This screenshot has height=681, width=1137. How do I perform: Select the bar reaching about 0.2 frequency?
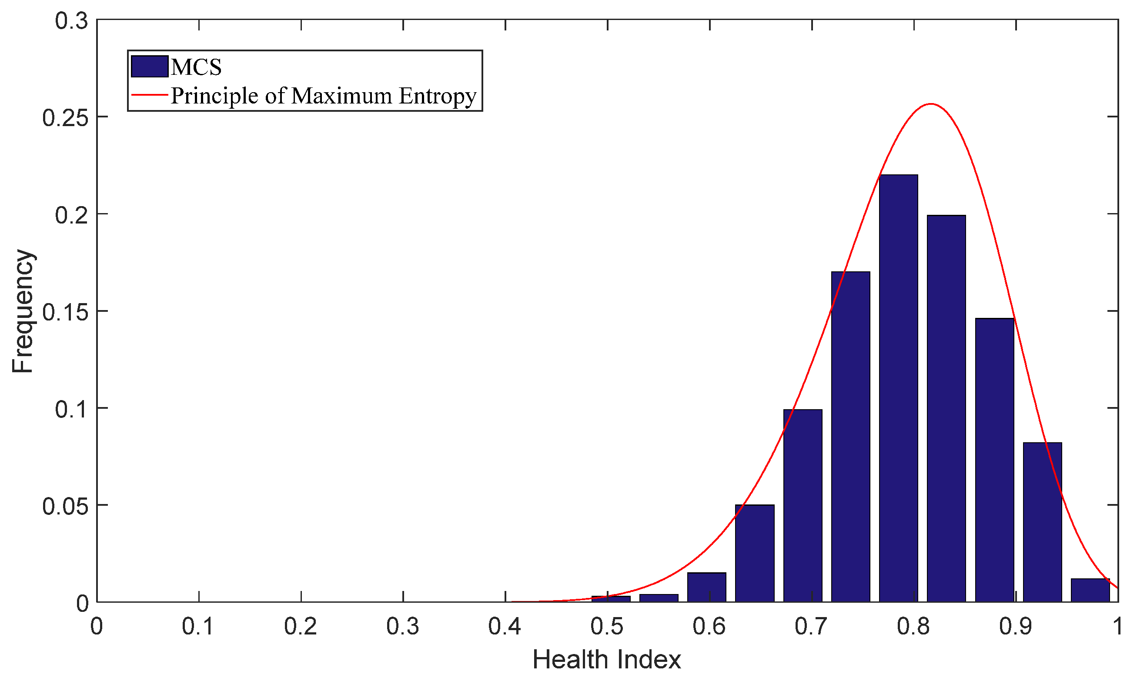(x=946, y=408)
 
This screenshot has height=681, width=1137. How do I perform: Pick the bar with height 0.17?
(x=850, y=436)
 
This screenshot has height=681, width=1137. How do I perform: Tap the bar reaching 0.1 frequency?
(x=803, y=505)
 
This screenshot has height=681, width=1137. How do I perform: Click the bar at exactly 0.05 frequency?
(x=755, y=553)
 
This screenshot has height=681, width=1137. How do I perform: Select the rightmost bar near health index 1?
(x=1090, y=591)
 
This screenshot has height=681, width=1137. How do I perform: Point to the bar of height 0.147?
(x=994, y=459)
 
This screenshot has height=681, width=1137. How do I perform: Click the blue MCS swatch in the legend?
(x=149, y=67)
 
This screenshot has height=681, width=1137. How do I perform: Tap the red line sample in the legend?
(x=149, y=95)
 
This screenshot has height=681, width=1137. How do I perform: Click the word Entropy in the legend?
(x=437, y=97)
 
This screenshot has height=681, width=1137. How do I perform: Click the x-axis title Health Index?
(x=606, y=660)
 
